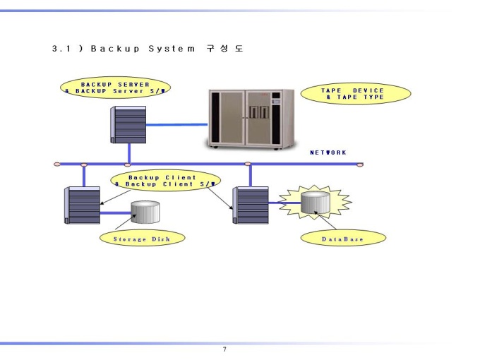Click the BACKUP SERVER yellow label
115,88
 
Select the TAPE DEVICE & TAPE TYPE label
356,94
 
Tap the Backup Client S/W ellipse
165,181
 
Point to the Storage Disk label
143,238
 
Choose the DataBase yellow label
343,238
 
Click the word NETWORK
328,152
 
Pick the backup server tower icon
128,125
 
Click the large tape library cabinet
250,119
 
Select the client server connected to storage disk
83,205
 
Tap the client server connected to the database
251,205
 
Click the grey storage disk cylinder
145,212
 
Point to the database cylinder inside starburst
316,203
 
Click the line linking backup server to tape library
177,125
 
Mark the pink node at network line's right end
360,164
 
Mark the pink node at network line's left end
57,164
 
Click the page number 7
224,349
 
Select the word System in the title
172,49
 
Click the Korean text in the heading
224,49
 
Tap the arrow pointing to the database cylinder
325,220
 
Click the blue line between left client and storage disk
116,213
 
